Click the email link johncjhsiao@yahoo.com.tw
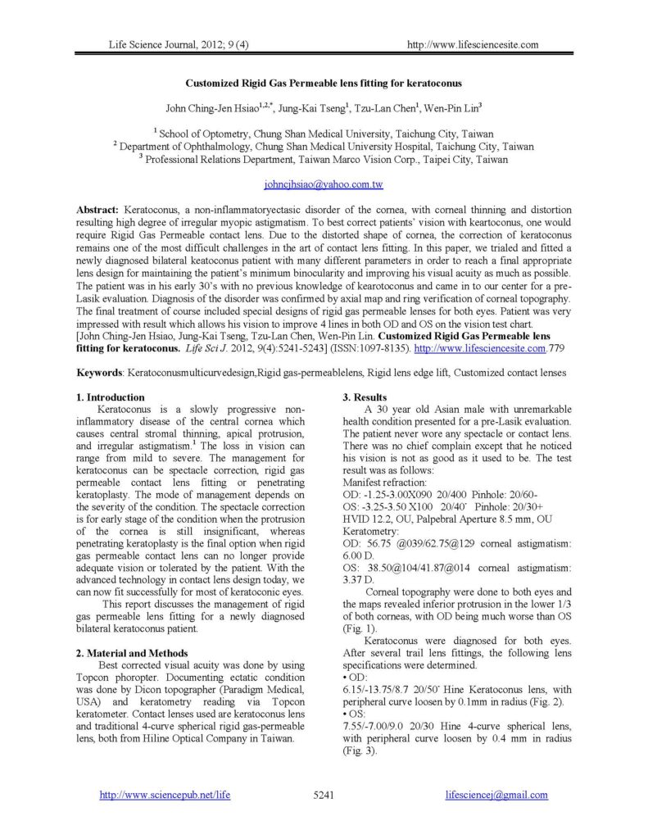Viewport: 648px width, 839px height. (324, 185)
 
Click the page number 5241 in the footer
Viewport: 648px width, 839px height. (324, 795)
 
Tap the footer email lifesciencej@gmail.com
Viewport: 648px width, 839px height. (497, 795)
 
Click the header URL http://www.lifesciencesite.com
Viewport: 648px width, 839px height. (473, 44)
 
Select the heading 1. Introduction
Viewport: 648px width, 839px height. (111, 397)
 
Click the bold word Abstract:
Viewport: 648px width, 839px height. (97, 210)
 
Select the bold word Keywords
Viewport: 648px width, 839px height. (98, 372)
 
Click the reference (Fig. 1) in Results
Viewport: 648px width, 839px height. (358, 615)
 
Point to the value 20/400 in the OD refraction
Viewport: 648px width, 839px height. (457, 496)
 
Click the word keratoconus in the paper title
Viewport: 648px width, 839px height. (433, 83)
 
